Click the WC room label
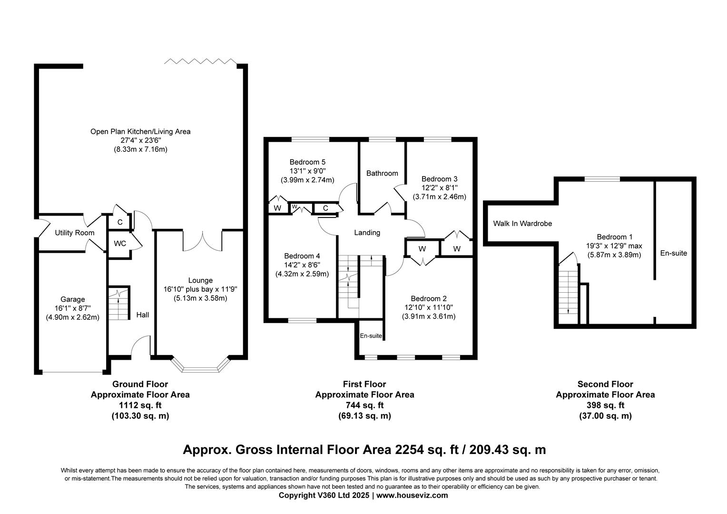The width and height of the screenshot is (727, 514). [x=120, y=244]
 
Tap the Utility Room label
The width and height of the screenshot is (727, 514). [x=75, y=233]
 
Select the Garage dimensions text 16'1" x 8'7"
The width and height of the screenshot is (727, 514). [x=72, y=308]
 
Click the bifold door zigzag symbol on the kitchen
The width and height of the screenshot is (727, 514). [x=200, y=61]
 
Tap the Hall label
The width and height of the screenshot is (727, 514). [x=143, y=315]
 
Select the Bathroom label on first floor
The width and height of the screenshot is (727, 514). [x=382, y=173]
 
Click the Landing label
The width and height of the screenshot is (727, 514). [x=367, y=233]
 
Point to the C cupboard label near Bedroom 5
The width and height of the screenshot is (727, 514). [x=325, y=208]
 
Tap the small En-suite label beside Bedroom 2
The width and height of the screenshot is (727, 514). [x=371, y=336]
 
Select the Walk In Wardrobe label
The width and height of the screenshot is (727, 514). [x=522, y=223]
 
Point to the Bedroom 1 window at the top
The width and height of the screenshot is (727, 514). [x=602, y=179]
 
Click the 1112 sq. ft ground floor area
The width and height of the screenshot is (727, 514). [x=140, y=405]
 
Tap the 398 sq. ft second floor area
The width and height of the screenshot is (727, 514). [x=605, y=405]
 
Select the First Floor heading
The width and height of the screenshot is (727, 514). [x=364, y=384]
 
